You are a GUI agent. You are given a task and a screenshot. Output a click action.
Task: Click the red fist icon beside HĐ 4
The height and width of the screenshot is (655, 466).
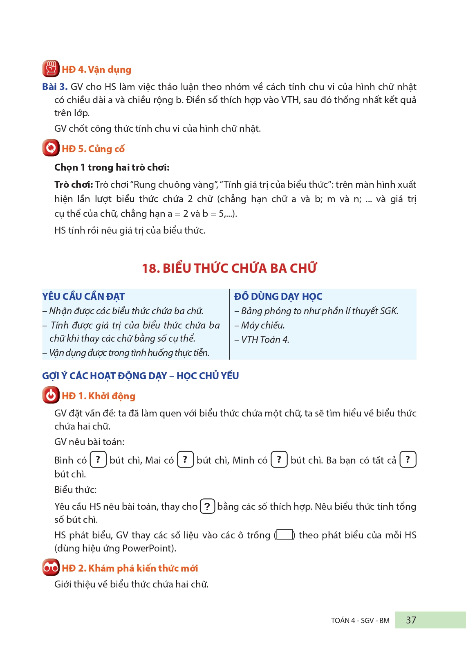(x=51, y=69)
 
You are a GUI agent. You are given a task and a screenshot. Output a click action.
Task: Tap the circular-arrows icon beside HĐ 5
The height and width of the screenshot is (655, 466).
(x=51, y=148)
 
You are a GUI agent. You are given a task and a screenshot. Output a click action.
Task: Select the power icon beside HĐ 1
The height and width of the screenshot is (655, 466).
(x=51, y=395)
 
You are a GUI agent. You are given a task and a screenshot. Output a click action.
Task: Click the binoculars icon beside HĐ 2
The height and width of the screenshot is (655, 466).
(x=51, y=567)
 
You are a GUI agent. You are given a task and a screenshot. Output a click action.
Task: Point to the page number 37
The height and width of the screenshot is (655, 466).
(x=411, y=620)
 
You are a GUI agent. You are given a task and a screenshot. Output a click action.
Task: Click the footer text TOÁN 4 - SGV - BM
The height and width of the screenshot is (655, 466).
(x=360, y=621)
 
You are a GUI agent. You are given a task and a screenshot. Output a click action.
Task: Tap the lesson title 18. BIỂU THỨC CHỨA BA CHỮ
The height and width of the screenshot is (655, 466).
(x=229, y=268)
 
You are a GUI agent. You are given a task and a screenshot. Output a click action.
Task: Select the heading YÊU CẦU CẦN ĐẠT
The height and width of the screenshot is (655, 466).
(x=83, y=296)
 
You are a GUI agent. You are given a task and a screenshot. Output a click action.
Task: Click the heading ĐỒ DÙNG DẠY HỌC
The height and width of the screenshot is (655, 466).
(x=278, y=296)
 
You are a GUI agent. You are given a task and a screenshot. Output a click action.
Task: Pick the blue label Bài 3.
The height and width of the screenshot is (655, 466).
(x=55, y=87)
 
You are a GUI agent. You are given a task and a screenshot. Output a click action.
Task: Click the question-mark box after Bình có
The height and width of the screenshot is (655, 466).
(x=98, y=459)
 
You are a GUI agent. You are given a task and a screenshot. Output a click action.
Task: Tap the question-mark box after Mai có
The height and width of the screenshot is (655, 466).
(x=185, y=459)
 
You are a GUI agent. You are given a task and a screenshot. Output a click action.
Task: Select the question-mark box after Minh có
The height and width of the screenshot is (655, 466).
(x=279, y=459)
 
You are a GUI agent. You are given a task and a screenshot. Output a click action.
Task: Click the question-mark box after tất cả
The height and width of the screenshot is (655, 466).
(x=408, y=459)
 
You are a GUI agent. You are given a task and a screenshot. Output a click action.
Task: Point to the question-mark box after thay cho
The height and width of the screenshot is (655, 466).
(x=207, y=506)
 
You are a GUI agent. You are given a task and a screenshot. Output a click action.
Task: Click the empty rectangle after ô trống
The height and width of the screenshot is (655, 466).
(x=285, y=535)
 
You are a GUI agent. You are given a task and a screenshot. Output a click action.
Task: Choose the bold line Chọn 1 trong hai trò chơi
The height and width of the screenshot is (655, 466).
(x=112, y=167)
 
